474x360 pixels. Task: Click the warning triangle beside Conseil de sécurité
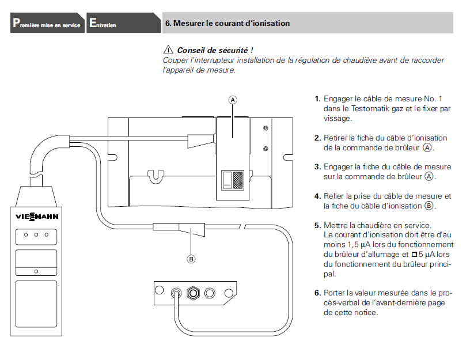(x=169, y=50)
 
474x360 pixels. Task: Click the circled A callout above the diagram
(x=233, y=99)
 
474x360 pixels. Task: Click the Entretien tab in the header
(x=103, y=24)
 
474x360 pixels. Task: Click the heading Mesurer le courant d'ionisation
(x=227, y=24)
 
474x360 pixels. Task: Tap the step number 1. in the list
(x=317, y=99)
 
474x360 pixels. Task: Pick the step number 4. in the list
(x=317, y=196)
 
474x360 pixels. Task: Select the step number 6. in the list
(x=317, y=293)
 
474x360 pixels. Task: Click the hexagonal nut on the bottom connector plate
(x=195, y=291)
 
